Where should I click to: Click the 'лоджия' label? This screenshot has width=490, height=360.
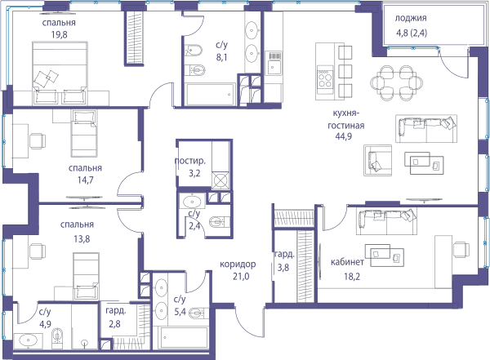point(411,18)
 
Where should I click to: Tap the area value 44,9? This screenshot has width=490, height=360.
point(344,136)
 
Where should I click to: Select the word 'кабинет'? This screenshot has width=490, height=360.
point(347,262)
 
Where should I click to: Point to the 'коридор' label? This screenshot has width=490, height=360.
point(238,264)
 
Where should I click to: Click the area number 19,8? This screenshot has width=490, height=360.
point(60,34)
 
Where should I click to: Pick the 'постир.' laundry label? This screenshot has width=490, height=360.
point(190,161)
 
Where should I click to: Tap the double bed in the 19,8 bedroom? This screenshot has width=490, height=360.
point(60,73)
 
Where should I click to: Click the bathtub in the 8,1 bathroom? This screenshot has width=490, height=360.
point(210,95)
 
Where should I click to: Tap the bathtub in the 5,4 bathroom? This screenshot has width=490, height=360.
point(184,338)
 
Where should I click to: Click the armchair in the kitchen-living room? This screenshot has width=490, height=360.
point(377,160)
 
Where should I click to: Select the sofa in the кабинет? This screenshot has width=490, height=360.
point(386,221)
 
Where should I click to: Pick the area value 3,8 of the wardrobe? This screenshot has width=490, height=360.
point(283,268)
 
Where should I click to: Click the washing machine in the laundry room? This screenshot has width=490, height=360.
point(221,180)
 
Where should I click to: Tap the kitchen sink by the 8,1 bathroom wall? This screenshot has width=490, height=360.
point(274,63)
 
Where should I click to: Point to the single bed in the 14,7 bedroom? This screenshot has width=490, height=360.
point(83,133)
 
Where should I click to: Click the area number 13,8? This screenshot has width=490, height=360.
point(82,239)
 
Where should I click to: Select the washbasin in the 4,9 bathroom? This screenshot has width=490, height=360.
point(29,340)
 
